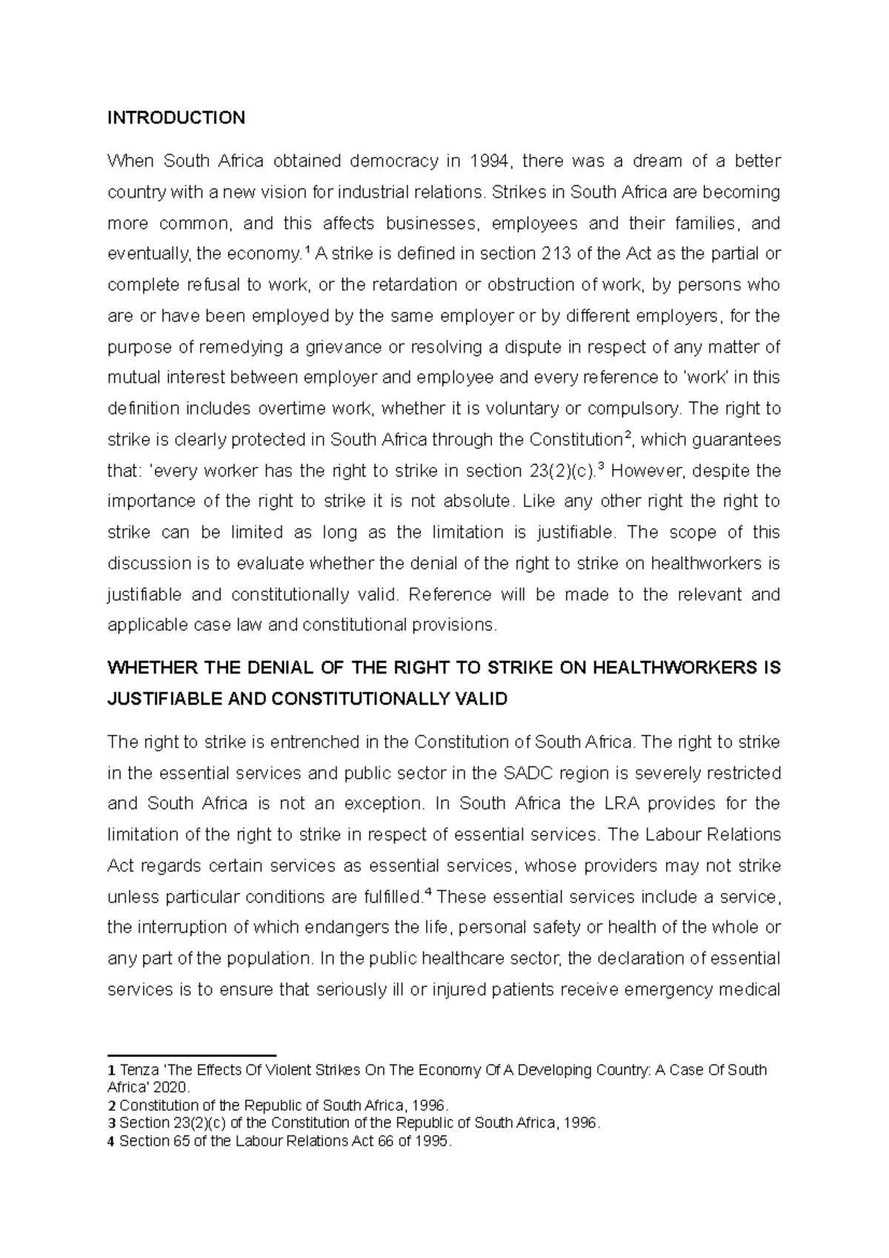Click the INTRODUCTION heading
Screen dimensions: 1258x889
[x=176, y=118]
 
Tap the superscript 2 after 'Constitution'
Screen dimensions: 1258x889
[x=628, y=436]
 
